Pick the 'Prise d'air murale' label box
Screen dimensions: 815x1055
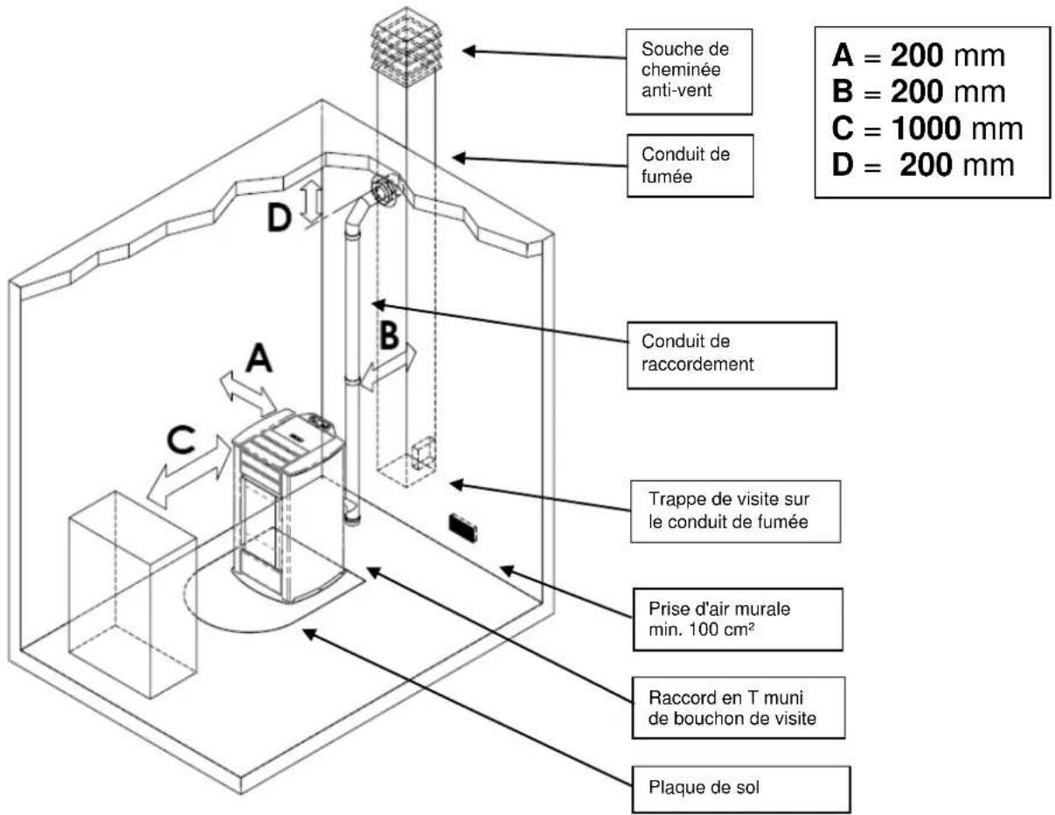click(725, 618)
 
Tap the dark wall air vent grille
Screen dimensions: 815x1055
click(462, 526)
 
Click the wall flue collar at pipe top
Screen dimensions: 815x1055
click(384, 190)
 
